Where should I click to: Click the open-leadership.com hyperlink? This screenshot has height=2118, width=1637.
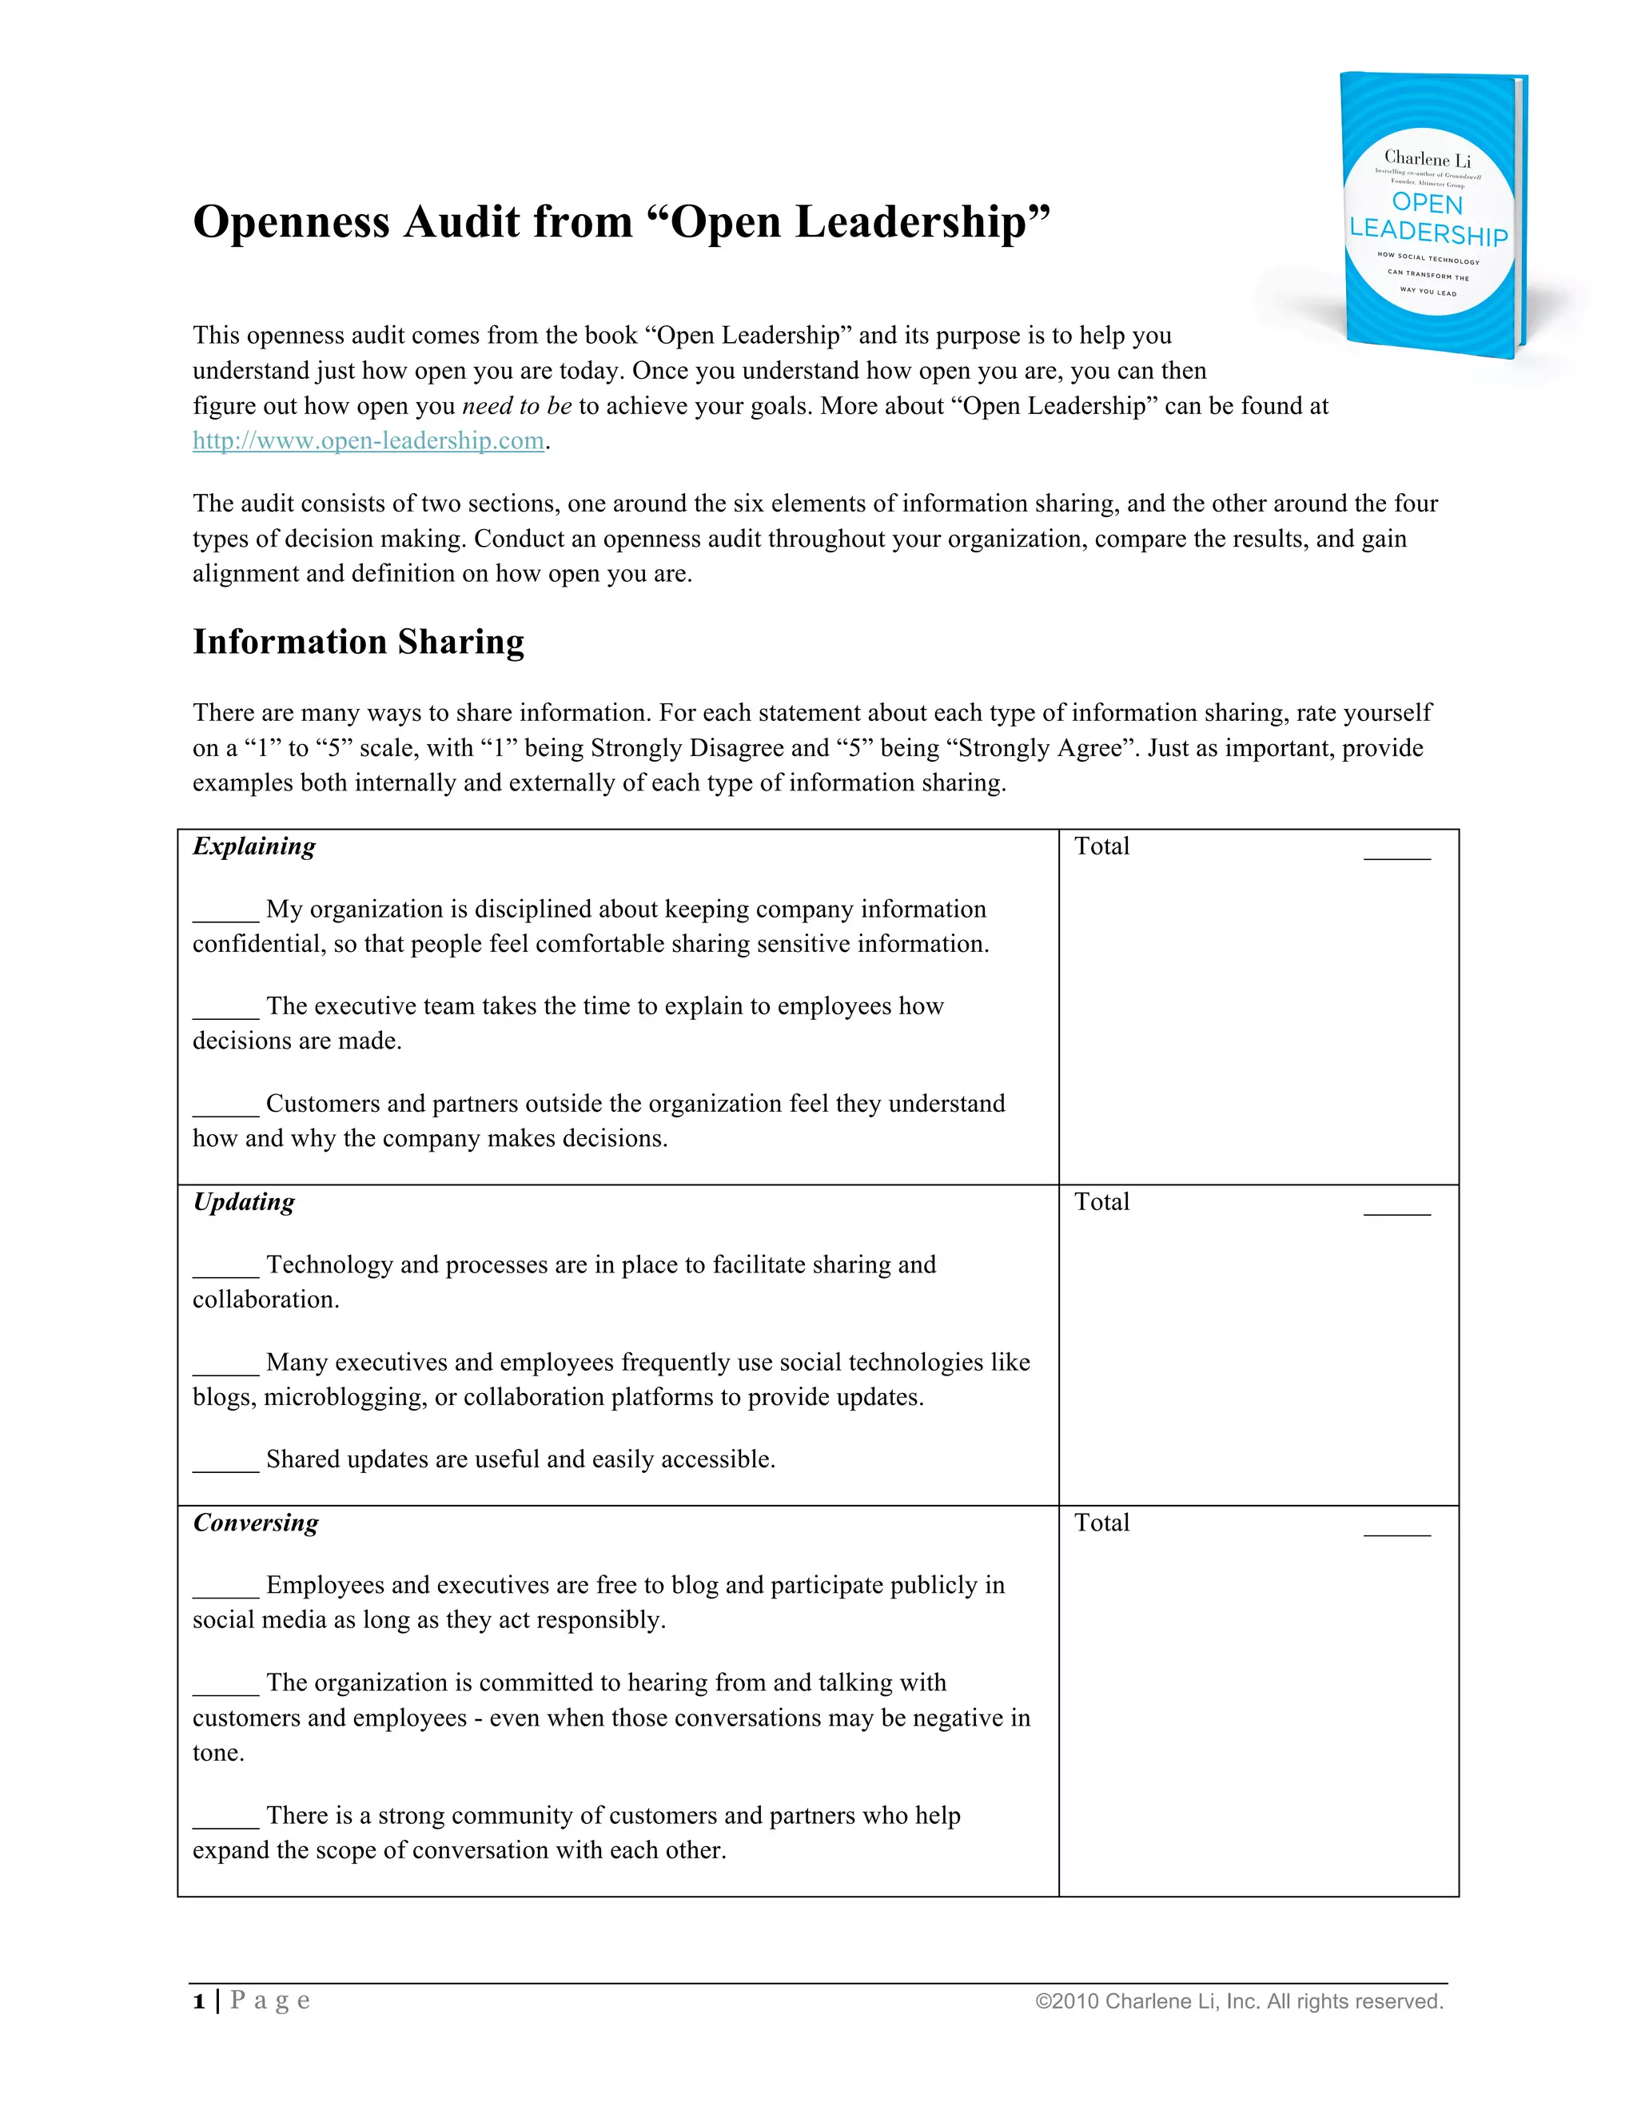tap(368, 440)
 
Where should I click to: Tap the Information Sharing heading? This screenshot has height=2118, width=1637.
tap(358, 642)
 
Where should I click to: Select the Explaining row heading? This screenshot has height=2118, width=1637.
tap(254, 846)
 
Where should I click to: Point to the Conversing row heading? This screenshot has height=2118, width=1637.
tap(255, 1523)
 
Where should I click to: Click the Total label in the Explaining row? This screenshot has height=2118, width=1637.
tap(1101, 846)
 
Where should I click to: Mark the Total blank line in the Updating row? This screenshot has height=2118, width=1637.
tap(1396, 1212)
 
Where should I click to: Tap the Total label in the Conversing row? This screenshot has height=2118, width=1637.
tap(1101, 1523)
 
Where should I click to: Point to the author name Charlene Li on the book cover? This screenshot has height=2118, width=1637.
tap(1427, 159)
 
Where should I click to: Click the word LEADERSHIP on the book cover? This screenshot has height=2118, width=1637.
tap(1428, 233)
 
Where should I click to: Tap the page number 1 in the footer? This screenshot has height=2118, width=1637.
tap(199, 2001)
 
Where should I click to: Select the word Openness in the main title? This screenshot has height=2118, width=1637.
tap(290, 221)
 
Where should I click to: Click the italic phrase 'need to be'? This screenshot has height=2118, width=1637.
tap(516, 405)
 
